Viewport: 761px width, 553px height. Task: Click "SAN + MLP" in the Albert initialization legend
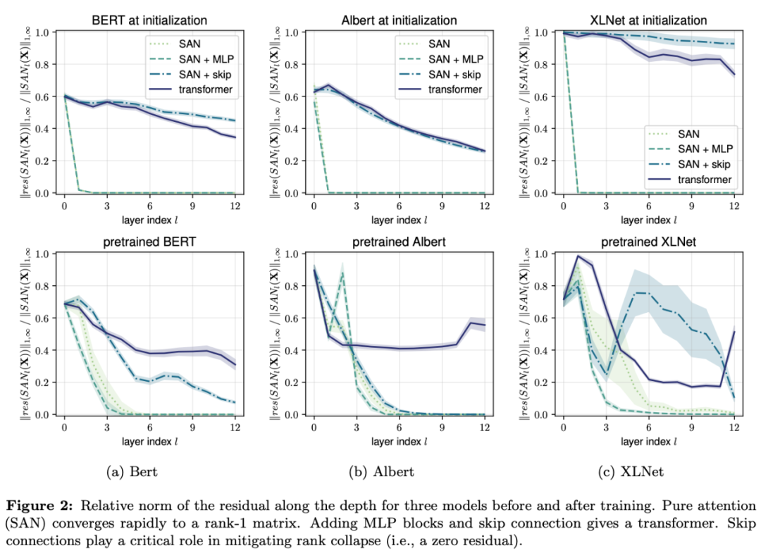pyautogui.click(x=454, y=58)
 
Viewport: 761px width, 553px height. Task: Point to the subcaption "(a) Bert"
pyautogui.click(x=134, y=471)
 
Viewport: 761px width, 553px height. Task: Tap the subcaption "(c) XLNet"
pyautogui.click(x=631, y=471)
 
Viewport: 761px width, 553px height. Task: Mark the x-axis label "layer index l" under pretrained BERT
pyautogui.click(x=150, y=442)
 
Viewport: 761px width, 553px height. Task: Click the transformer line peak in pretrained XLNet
pyautogui.click(x=578, y=256)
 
